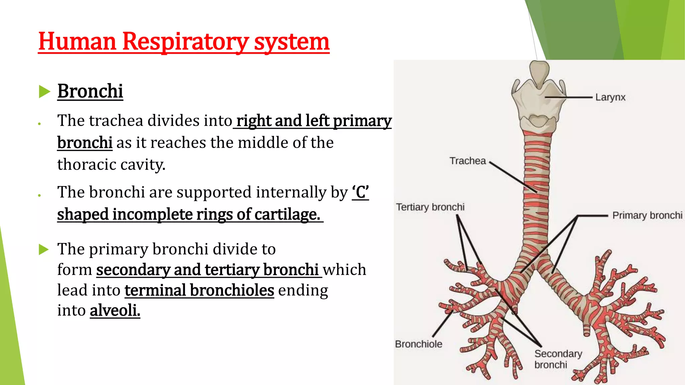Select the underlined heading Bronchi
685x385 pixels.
(90, 91)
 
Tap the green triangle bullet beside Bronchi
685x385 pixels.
(44, 92)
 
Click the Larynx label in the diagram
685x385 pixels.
(610, 97)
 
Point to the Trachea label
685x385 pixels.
(467, 161)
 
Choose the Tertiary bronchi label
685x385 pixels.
(430, 207)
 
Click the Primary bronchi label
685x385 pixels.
(647, 215)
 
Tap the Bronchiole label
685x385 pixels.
(418, 344)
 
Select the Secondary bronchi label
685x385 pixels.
(558, 359)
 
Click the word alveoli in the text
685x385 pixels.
(115, 310)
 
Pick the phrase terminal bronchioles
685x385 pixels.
(199, 290)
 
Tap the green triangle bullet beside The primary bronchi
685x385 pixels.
(44, 249)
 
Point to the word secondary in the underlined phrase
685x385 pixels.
(133, 270)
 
